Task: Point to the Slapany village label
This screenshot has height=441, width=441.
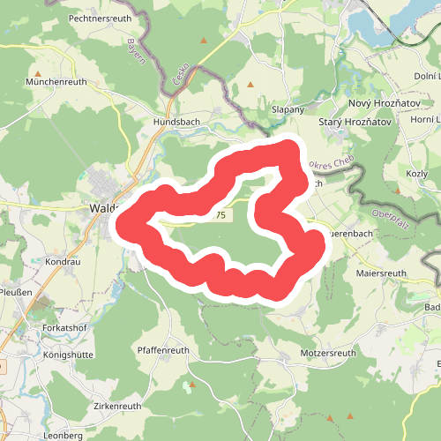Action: coord(288,109)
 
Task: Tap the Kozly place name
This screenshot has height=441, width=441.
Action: coord(416,174)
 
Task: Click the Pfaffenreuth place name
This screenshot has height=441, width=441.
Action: coord(164,350)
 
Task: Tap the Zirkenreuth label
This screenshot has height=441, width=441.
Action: coord(117,406)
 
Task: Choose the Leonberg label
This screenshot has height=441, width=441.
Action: coord(63,436)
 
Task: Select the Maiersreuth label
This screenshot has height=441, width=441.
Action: coord(382,273)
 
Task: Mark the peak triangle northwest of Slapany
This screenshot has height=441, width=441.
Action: coord(250,85)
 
